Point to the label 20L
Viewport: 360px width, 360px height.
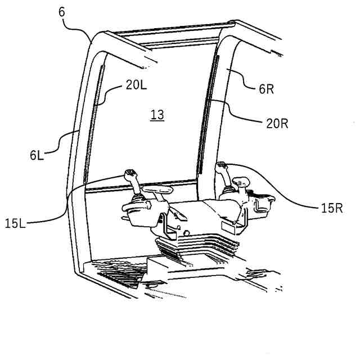pos(136,85)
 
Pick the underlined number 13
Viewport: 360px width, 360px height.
pos(157,115)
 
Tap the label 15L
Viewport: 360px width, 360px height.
pos(16,224)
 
